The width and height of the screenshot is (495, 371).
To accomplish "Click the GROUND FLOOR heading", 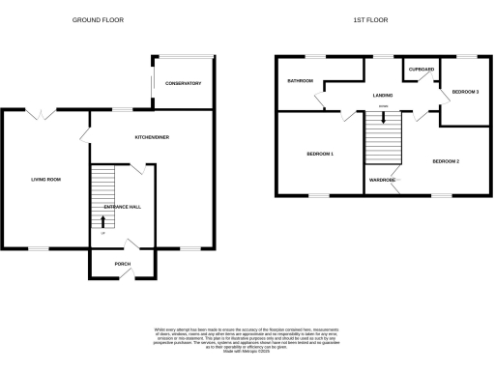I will click(99, 19).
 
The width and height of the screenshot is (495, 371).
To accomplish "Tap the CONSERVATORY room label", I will click(183, 84).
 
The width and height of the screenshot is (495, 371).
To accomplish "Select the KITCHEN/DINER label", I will click(152, 138).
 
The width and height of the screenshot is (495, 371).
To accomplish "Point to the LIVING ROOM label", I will click(46, 179).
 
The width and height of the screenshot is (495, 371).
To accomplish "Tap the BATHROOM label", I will click(299, 81).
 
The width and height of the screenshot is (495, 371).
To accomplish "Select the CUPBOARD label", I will click(422, 70).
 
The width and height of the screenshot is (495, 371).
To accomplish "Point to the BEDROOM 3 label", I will click(465, 92).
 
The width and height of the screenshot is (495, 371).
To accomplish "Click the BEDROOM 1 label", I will click(320, 155).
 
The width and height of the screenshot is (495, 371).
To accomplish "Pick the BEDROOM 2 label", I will click(446, 160).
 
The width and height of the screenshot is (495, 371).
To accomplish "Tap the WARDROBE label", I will click(383, 180).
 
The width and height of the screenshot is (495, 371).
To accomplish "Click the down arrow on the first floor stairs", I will click(384, 119).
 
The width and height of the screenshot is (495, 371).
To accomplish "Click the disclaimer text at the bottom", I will click(247, 339).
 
